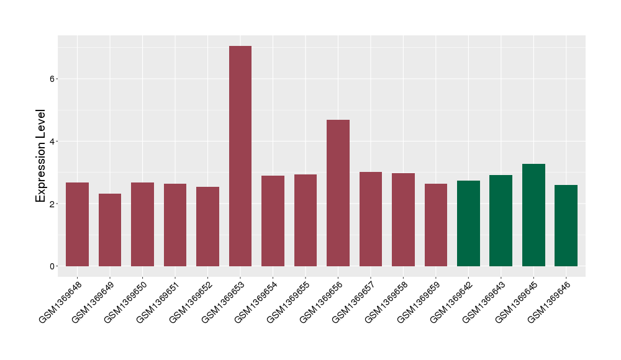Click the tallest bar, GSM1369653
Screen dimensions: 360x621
(240, 156)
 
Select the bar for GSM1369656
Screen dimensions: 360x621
(338, 193)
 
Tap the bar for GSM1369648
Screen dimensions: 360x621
(78, 224)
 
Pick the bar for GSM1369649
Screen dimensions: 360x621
(110, 230)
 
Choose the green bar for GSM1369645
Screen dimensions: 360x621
(533, 215)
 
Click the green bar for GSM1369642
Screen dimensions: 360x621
(468, 223)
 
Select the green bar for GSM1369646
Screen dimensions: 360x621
(566, 225)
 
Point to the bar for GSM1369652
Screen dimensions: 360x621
(207, 227)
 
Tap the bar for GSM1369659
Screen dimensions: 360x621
(436, 225)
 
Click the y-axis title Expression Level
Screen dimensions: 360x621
(41, 156)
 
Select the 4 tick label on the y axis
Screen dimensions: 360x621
(52, 142)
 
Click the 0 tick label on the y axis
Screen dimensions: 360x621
(52, 266)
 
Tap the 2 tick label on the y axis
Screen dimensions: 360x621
(52, 204)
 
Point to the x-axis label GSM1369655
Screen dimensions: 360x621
(288, 302)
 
